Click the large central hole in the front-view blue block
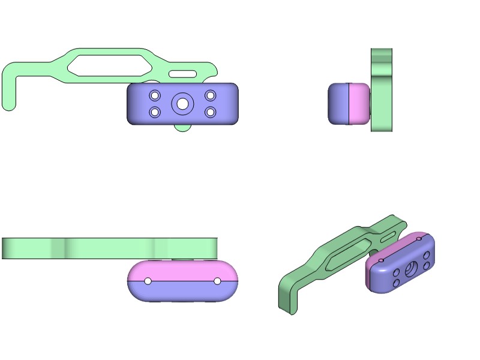point(182,104)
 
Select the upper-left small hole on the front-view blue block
point(155,95)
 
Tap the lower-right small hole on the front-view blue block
point(210,112)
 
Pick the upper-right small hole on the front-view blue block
point(210,95)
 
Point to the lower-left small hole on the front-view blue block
point(155,112)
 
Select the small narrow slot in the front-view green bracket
point(182,74)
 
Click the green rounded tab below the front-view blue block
point(182,127)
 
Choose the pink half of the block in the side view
point(359,104)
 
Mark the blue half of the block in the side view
point(339,104)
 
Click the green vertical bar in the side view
point(382,90)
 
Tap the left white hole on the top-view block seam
point(148,281)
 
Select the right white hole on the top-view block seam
point(217,281)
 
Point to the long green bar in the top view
point(108,248)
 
